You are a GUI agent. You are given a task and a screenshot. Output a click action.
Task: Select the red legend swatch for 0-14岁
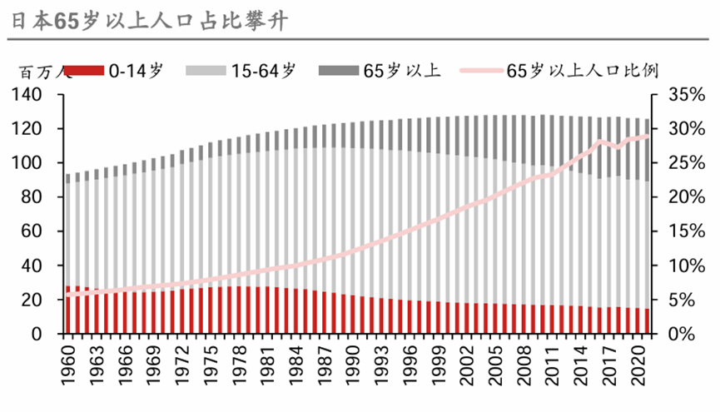tap(83, 72)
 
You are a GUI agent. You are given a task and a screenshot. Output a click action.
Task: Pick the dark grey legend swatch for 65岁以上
tap(339, 72)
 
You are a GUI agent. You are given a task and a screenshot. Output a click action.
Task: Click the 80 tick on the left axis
tap(44, 198)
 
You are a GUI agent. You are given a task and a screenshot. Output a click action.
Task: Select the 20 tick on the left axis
tap(44, 300)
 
